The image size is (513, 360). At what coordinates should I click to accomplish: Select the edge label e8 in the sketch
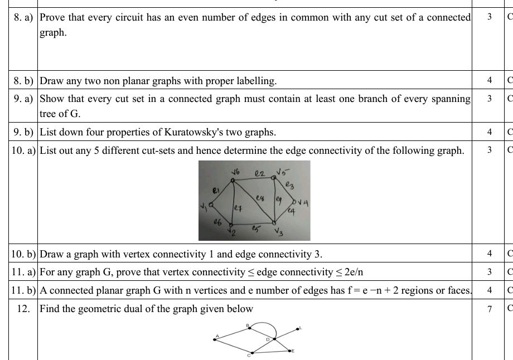pyautogui.click(x=259, y=197)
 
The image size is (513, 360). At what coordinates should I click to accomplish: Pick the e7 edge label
pyautogui.click(x=238, y=209)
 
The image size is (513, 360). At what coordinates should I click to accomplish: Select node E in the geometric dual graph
pyautogui.click(x=290, y=351)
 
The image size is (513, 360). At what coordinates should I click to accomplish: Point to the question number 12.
pyautogui.click(x=23, y=309)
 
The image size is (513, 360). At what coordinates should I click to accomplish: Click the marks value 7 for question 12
pyautogui.click(x=489, y=309)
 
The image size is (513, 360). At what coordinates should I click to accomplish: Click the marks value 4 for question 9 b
pyautogui.click(x=489, y=133)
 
